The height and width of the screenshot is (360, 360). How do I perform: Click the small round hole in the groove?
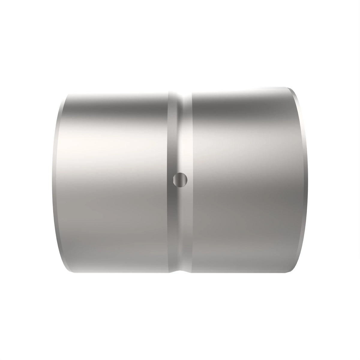pos(180,180)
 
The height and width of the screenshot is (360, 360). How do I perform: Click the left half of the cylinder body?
pos(114,180)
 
